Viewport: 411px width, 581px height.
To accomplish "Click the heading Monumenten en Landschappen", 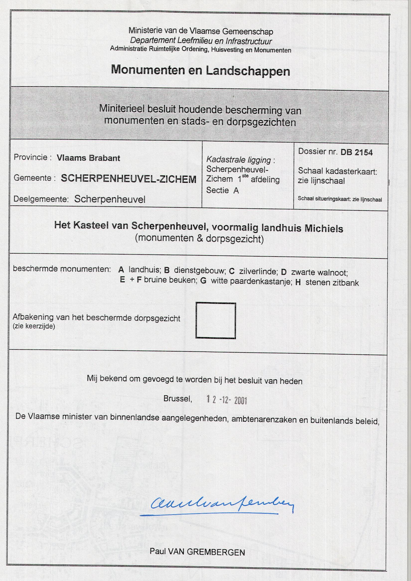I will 200,70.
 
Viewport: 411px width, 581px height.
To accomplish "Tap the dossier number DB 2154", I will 357,152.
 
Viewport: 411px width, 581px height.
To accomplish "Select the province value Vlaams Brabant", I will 88,158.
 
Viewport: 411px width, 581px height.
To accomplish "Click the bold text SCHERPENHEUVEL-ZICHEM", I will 129,179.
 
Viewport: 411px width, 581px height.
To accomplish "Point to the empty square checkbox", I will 215,320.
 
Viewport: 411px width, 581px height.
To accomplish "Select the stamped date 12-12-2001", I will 226,400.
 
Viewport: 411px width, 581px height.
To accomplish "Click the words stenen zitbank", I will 332,282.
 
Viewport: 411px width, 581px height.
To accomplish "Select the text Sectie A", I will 222,190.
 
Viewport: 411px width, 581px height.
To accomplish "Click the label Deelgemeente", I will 41,199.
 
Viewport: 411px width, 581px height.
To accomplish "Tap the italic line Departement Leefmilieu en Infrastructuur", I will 201,41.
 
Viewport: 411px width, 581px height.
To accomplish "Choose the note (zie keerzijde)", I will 34,327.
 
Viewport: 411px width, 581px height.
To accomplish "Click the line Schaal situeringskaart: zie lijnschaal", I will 340,199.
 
